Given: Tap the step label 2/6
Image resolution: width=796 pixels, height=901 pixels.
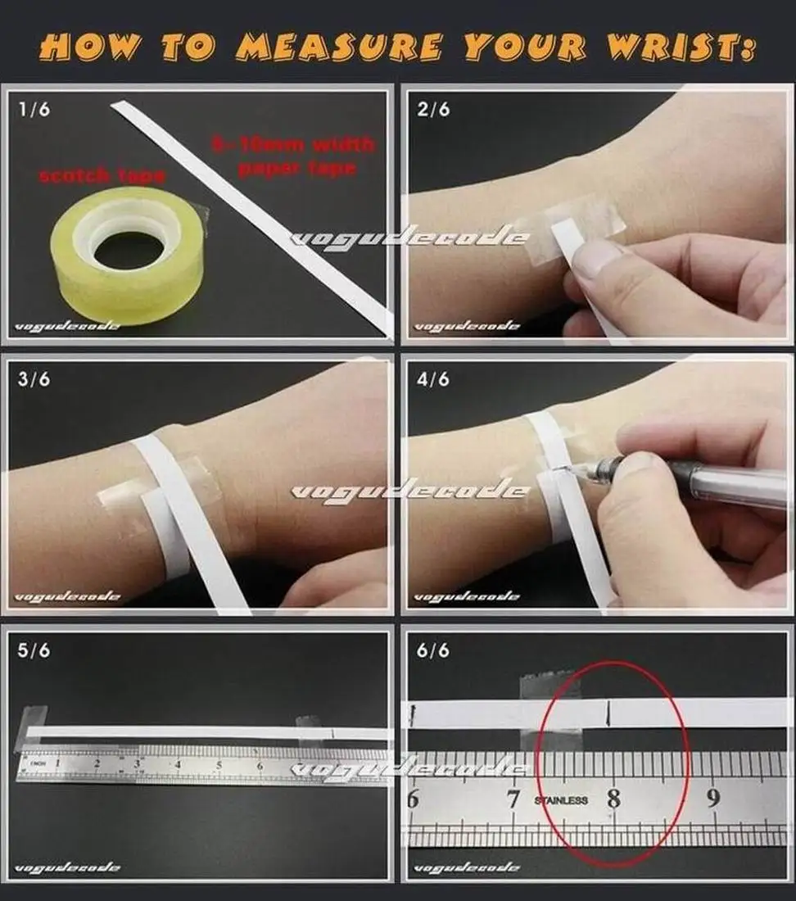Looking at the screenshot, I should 433,109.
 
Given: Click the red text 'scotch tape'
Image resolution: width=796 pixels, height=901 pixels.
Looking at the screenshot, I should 102,174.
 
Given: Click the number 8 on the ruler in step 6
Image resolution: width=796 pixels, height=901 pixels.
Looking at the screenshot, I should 613,799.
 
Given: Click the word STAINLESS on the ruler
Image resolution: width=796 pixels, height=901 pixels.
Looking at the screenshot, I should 561,800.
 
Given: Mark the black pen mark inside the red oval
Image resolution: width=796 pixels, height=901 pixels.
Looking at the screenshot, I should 607,713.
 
